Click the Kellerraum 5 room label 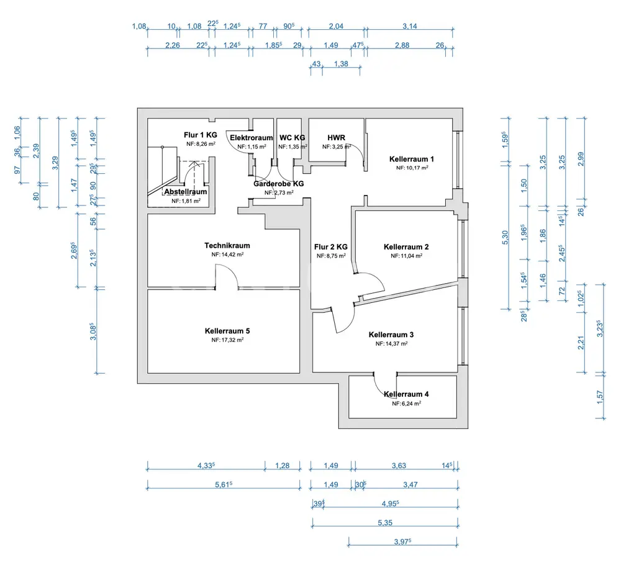[227, 331]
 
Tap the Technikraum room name [227, 246]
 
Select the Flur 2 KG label [331, 246]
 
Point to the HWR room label [337, 138]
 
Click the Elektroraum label [252, 138]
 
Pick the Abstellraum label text [186, 192]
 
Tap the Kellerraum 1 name [412, 158]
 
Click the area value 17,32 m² [227, 340]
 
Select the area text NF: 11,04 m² [406, 256]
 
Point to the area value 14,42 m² [227, 254]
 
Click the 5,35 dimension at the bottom [384, 523]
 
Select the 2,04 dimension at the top [336, 26]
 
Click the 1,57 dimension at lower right [599, 395]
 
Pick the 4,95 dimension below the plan [389, 503]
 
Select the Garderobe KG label [278, 184]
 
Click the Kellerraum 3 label [391, 335]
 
